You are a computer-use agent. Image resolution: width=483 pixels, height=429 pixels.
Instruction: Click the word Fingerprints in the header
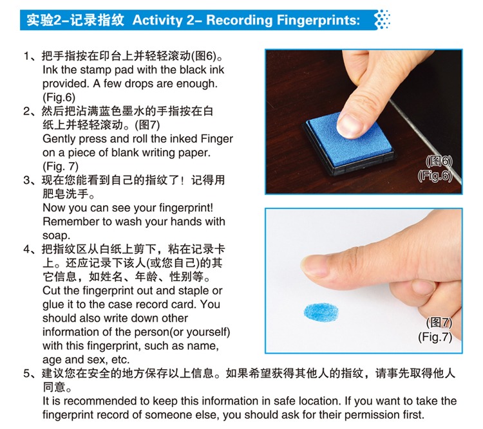click(318, 21)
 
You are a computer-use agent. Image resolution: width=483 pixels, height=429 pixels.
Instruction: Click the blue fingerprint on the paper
click(321, 312)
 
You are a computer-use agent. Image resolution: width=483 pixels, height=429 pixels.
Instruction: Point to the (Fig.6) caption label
click(435, 176)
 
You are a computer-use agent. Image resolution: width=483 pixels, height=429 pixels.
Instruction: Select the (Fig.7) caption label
click(435, 337)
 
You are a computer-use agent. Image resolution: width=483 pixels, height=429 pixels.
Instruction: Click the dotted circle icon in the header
click(383, 20)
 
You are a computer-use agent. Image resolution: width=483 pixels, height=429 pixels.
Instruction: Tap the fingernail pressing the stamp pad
click(350, 125)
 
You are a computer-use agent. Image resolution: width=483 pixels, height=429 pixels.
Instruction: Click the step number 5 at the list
click(27, 374)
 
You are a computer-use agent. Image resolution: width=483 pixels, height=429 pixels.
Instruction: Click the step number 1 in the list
click(26, 57)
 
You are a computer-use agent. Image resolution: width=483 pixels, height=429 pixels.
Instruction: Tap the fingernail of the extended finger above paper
click(312, 265)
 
